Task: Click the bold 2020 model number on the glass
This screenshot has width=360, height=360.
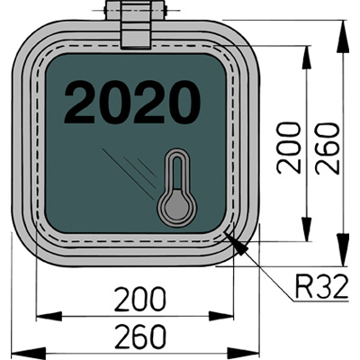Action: point(132,102)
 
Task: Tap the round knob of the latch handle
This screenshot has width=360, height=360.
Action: point(176,207)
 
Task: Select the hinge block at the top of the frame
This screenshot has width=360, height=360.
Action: point(135,25)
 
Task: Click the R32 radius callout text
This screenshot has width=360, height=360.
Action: point(321,288)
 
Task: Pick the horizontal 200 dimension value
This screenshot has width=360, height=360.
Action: point(139,299)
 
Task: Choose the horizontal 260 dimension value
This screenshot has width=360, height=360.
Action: point(139,337)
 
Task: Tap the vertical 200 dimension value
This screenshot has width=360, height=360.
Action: point(289,148)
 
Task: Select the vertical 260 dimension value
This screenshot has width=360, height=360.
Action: point(328,148)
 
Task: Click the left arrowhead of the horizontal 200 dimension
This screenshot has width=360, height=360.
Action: point(49,316)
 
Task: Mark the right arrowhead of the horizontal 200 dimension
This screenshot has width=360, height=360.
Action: point(221,316)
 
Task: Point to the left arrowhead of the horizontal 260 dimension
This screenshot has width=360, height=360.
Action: point(29,353)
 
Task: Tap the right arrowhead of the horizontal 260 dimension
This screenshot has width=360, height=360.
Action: point(242,353)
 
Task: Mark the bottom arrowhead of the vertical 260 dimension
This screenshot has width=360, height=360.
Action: point(342,249)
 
